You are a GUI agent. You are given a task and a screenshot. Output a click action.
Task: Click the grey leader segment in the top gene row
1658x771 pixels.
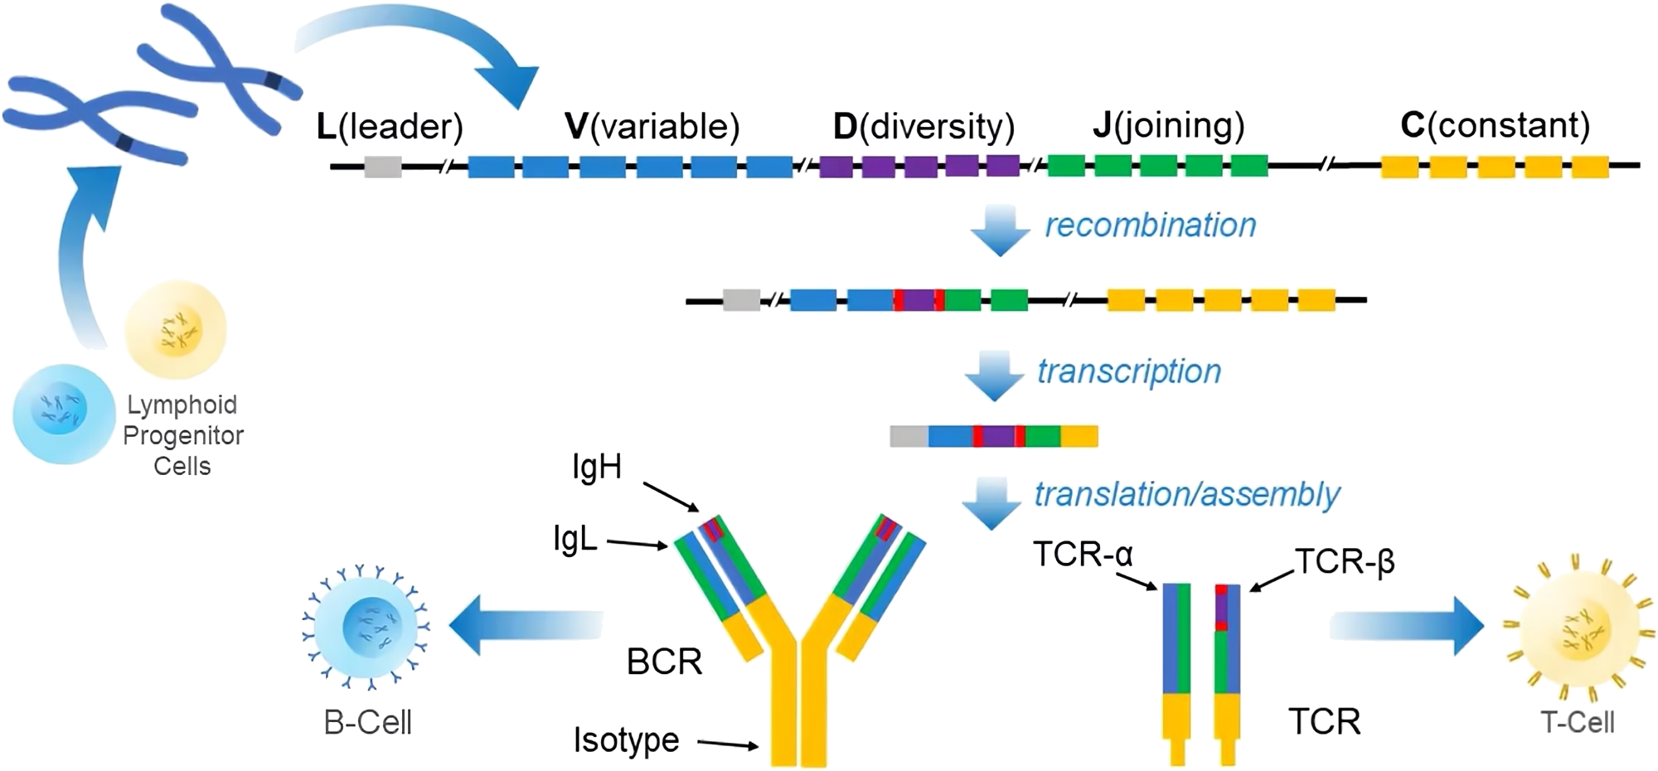[x=383, y=167]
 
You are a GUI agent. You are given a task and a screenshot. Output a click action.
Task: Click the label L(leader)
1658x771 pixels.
[x=390, y=127]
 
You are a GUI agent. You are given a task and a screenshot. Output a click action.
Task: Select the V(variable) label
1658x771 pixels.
[x=652, y=127]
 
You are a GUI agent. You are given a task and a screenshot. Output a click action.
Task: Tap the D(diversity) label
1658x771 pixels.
[x=924, y=127]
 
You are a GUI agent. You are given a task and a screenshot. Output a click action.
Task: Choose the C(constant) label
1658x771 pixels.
[x=1495, y=127]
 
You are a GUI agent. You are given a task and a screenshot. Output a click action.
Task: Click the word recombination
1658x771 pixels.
[x=1150, y=225]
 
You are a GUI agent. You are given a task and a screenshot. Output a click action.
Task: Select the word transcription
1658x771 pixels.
[x=1129, y=371]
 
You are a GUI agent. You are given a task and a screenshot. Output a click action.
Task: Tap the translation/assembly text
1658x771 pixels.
[x=1185, y=494]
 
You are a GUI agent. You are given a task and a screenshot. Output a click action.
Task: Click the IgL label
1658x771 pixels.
[x=574, y=541]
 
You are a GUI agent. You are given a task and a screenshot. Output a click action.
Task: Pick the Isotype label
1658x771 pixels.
[x=626, y=739]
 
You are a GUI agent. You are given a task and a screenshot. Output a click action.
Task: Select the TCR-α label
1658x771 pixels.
[x=1084, y=553]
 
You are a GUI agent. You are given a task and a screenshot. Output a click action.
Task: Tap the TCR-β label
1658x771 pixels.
[x=1344, y=563]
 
